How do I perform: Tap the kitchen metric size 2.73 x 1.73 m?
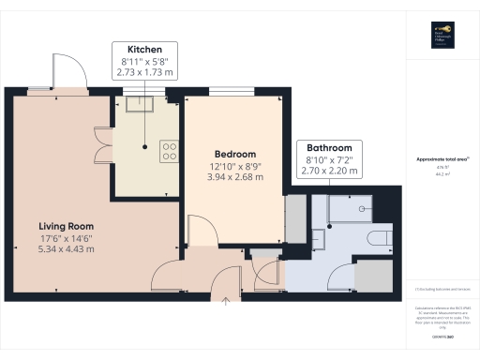144,71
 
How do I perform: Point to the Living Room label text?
66,226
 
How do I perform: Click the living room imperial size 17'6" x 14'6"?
66,239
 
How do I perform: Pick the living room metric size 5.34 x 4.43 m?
66,250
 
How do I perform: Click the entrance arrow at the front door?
226,301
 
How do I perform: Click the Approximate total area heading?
441,160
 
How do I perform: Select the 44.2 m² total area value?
441,174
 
